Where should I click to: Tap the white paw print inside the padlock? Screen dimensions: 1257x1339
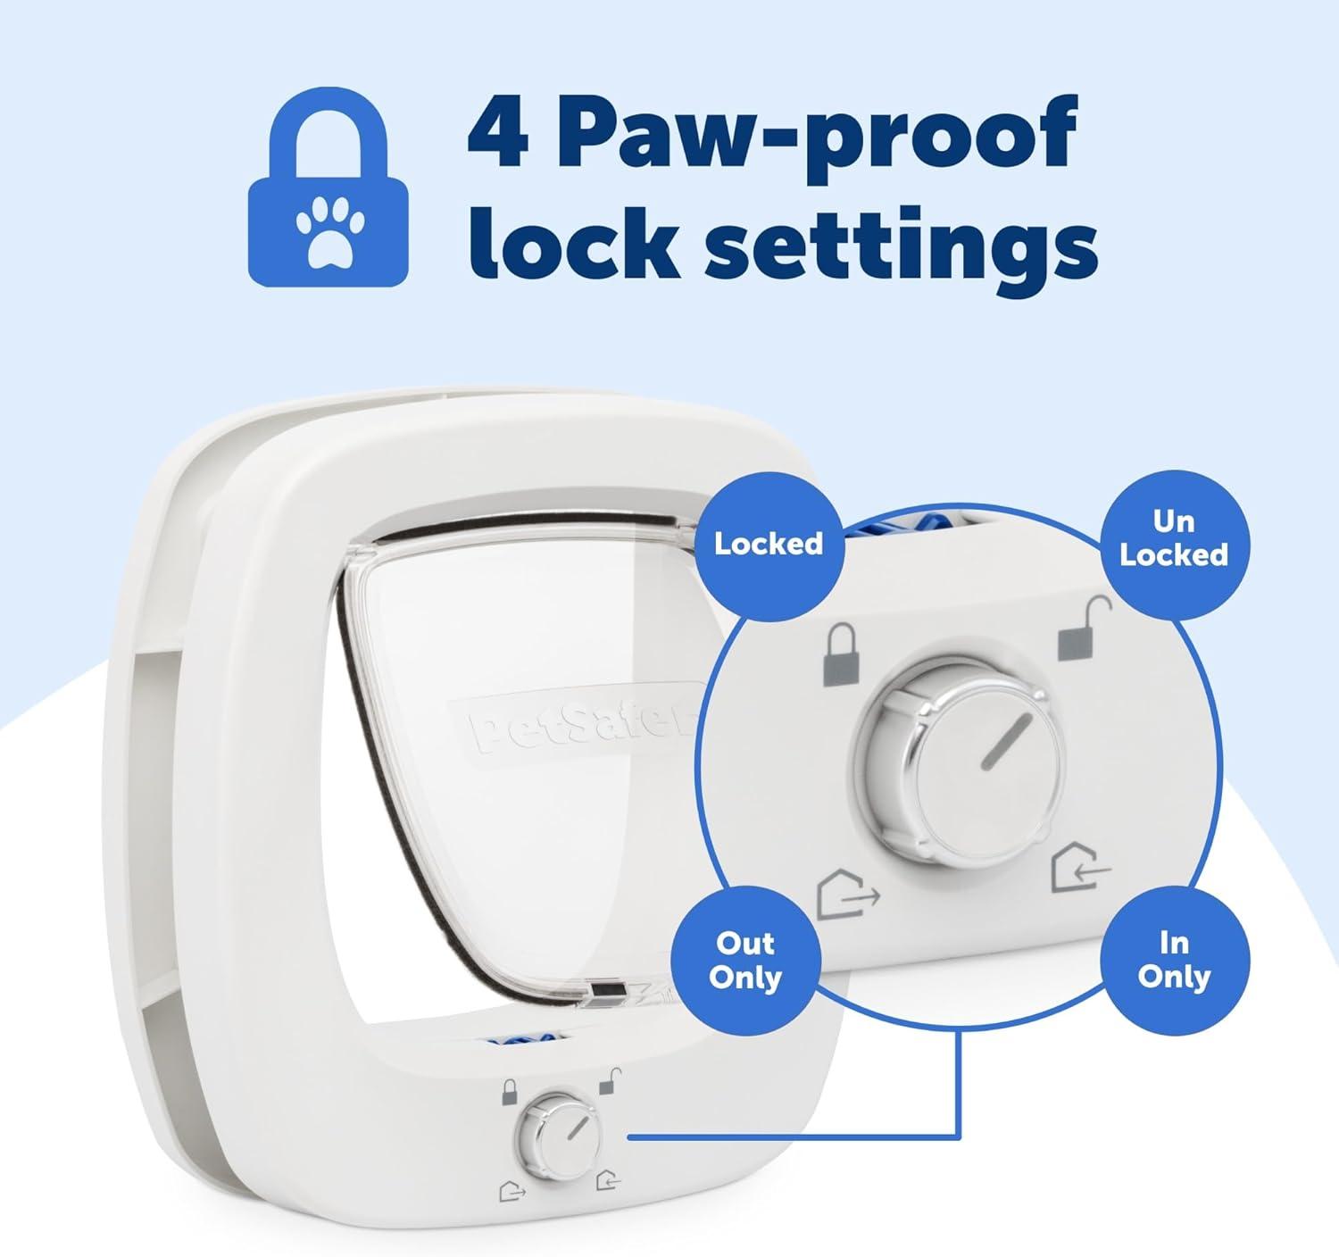(x=329, y=230)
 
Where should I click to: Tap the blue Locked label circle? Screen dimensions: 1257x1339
(x=769, y=545)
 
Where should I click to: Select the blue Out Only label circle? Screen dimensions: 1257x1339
(x=745, y=961)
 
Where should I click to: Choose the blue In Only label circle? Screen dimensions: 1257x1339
(x=1174, y=961)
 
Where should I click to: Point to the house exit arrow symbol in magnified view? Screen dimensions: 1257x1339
(x=848, y=895)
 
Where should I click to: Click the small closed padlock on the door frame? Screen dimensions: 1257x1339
(x=509, y=1092)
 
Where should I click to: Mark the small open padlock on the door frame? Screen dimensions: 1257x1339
(x=610, y=1081)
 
